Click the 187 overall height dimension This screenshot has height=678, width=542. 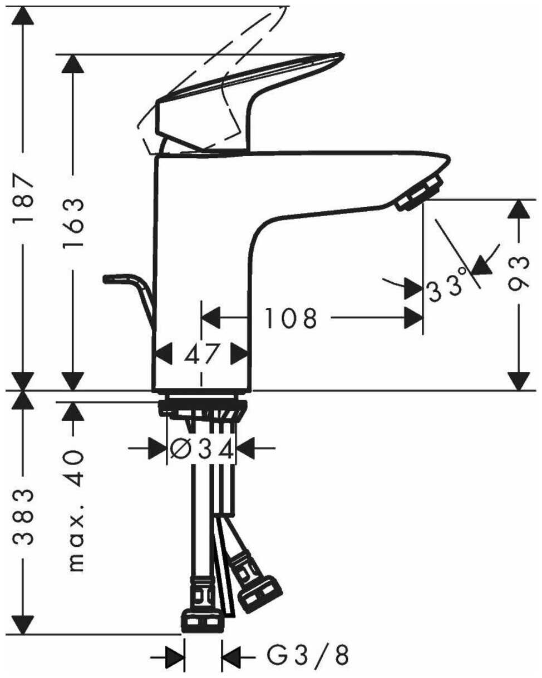(x=23, y=199)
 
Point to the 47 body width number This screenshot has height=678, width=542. (x=201, y=354)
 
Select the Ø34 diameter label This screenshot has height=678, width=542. (x=202, y=448)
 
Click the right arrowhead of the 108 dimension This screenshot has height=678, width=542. (x=412, y=318)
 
